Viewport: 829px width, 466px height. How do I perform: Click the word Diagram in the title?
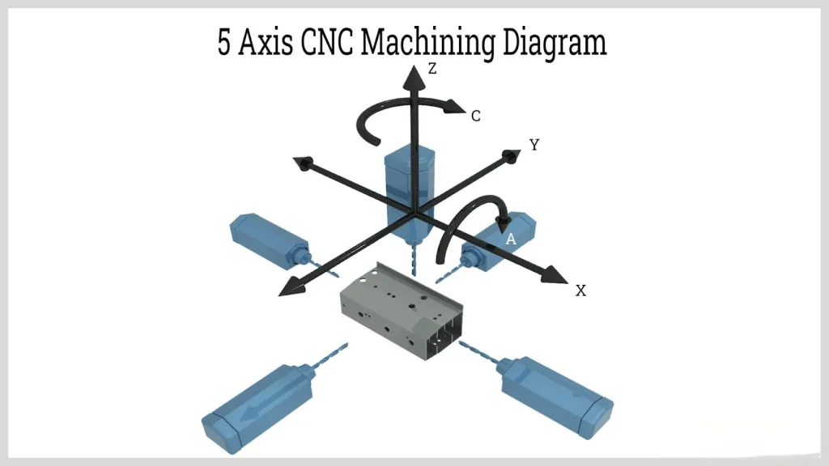[x=555, y=44]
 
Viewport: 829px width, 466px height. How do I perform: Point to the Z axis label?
[x=433, y=70]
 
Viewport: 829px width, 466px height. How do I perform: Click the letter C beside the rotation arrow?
[x=476, y=116]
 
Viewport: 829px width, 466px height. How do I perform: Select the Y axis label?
[x=534, y=145]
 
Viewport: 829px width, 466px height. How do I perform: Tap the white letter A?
[x=511, y=239]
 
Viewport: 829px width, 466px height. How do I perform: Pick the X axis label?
[x=580, y=290]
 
